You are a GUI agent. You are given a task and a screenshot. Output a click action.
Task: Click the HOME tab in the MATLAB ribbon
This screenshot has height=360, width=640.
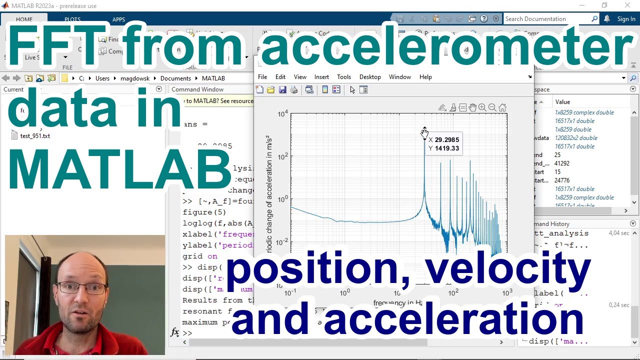(24, 19)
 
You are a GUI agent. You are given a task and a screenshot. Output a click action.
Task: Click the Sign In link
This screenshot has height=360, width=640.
(626, 19)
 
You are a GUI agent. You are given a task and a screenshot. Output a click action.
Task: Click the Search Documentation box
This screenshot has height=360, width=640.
(547, 19)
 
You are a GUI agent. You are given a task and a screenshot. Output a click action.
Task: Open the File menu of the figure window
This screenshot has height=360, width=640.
(262, 77)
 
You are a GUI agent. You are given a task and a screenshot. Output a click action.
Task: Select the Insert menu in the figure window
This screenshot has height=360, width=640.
(321, 77)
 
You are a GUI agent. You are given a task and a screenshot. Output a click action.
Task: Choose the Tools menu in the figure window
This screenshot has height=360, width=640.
(344, 77)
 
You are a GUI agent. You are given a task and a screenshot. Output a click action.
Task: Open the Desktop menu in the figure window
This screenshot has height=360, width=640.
(370, 77)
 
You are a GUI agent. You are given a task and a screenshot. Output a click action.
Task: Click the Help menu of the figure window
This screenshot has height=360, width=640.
(425, 77)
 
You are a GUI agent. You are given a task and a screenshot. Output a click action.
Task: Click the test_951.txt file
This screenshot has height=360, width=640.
(34, 136)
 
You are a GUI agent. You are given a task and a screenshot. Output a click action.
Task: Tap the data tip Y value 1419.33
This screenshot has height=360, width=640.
(446, 148)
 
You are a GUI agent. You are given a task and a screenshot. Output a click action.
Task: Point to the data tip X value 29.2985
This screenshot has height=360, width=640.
(446, 140)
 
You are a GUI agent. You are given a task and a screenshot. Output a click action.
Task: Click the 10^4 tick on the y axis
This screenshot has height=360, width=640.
(283, 114)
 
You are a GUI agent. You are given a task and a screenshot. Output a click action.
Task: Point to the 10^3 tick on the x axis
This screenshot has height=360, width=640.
(507, 292)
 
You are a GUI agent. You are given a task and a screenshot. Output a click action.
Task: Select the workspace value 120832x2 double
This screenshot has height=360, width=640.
(576, 138)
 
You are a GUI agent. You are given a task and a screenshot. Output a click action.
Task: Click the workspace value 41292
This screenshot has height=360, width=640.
(562, 163)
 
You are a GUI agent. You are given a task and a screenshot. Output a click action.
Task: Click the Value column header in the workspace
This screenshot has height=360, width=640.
(562, 102)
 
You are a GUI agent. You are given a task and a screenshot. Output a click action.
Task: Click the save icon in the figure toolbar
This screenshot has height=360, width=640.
(282, 90)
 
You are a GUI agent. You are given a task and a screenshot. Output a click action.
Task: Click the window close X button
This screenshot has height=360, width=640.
(627, 5)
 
